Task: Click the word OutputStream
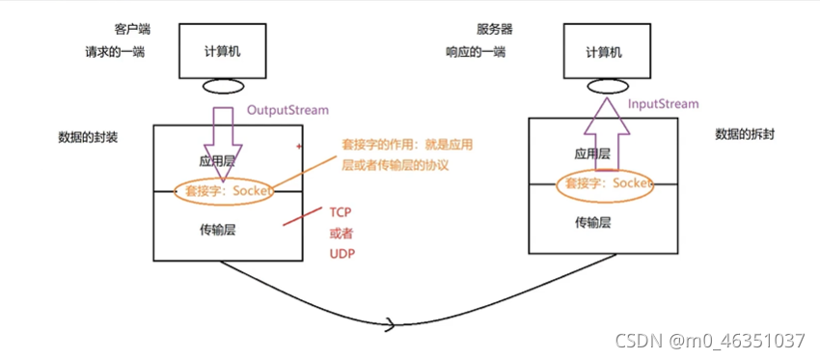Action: tap(288, 110)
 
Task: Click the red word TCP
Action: tap(341, 214)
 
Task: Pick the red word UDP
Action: tap(342, 256)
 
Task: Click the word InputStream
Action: tap(663, 102)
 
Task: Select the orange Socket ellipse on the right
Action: tap(604, 182)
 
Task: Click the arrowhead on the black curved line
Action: tap(389, 323)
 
